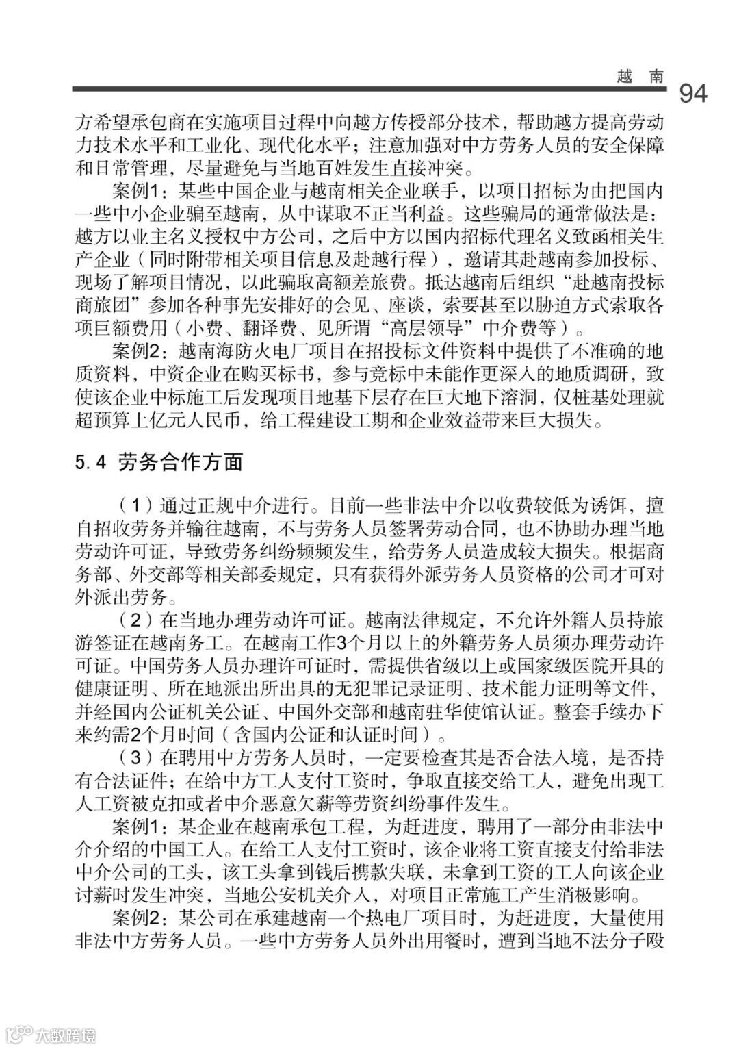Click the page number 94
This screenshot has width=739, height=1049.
coord(692,94)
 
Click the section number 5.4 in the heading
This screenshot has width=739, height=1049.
coord(90,463)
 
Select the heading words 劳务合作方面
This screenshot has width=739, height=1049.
coord(181,463)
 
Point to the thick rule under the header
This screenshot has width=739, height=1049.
coord(369,89)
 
